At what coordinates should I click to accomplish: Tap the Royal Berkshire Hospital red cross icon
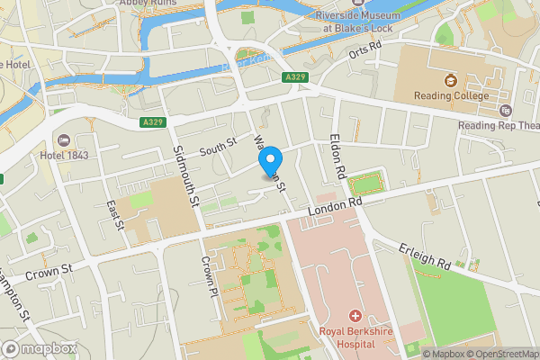355,316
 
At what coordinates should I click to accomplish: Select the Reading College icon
451,78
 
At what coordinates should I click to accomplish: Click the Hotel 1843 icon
64,140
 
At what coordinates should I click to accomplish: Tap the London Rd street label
334,208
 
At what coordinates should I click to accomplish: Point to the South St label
217,144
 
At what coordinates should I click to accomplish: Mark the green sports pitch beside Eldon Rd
366,185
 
